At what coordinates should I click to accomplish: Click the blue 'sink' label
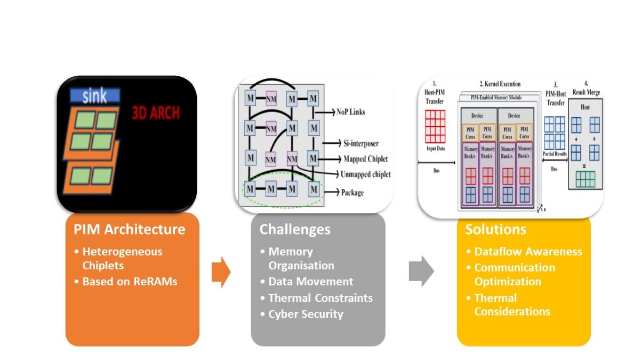(95, 96)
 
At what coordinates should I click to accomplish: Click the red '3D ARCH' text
(155, 113)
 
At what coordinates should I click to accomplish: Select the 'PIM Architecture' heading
(129, 229)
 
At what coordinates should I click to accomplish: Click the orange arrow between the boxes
(221, 272)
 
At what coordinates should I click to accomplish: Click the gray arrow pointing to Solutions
(421, 271)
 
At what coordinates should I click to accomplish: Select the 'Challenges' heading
(295, 229)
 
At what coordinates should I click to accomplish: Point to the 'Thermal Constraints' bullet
(320, 298)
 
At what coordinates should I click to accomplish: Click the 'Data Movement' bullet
(310, 281)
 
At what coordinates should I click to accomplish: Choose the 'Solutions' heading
(495, 229)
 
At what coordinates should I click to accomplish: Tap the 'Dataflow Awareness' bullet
(528, 251)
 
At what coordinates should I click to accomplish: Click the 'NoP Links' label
(350, 112)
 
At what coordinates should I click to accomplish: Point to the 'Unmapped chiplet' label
(366, 174)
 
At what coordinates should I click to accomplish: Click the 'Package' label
(352, 192)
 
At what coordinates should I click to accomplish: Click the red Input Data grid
(435, 126)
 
